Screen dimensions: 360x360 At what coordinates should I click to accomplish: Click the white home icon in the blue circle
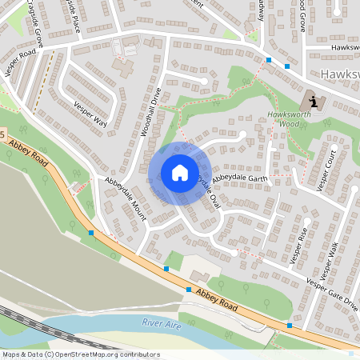pos(180,172)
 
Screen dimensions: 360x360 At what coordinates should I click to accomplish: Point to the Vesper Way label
pos(90,114)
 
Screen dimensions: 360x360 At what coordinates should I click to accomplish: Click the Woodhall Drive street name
pos(152,111)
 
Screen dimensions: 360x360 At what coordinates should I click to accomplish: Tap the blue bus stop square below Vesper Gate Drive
pos(289,325)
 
